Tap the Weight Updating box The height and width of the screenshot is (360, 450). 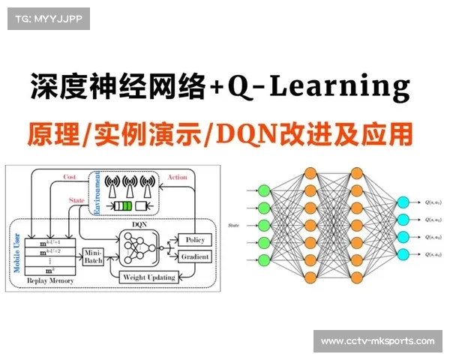coord(148,277)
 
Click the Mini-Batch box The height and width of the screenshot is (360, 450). coord(92,256)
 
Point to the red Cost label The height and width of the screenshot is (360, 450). coord(70,177)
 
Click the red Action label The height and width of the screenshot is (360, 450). coord(178,177)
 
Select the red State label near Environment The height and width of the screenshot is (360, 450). coord(77,201)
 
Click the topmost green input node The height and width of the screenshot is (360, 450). coord(263,190)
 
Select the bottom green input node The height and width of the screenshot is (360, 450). coord(263,259)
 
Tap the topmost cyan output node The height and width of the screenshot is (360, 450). coord(403,202)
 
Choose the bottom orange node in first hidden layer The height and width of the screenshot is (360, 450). coord(310,277)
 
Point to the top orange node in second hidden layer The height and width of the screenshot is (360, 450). coord(356,173)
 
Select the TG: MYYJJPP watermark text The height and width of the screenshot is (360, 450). coord(47,18)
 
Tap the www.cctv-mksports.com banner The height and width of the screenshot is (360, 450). coord(377,341)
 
